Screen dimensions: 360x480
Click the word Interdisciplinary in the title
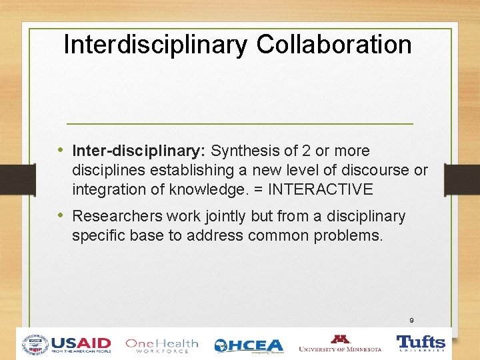point(155,45)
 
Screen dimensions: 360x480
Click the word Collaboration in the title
point(333,45)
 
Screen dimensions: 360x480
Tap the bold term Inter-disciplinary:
point(139,151)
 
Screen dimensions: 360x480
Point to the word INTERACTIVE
point(320,189)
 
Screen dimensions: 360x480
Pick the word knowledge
point(209,189)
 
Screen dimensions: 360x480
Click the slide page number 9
point(412,321)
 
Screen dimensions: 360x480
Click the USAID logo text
point(81,343)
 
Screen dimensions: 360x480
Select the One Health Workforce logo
point(162,345)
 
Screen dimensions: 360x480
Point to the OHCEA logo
point(249,345)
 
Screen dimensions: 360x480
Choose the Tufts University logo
point(421,344)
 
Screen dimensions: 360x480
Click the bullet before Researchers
point(61,216)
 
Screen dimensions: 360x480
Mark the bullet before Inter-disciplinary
point(61,151)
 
